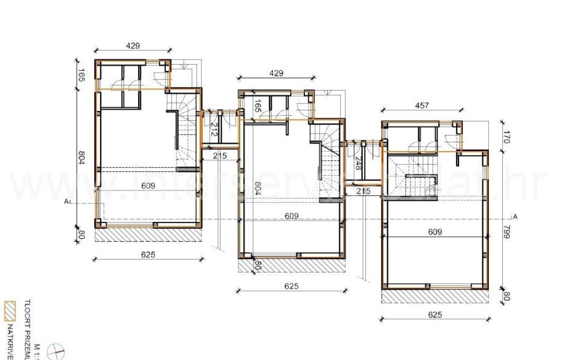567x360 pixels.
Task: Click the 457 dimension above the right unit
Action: coord(422,106)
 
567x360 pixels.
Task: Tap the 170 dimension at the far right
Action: coord(507,137)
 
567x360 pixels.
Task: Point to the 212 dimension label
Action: coord(214,129)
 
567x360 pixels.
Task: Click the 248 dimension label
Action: coord(357,163)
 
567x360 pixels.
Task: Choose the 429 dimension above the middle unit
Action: coord(276,73)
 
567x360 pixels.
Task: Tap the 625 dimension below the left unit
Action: coord(148,254)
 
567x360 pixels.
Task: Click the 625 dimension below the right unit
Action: coord(434,314)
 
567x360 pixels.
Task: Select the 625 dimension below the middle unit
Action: coord(292,286)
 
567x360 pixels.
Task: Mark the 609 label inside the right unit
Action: coord(435,232)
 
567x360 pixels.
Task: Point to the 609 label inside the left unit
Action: coord(148,185)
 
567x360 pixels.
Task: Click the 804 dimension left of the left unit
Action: coord(81,157)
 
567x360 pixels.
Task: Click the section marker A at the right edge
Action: coord(515,217)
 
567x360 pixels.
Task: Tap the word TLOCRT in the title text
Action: coord(26,311)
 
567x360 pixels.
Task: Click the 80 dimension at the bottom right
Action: coord(507,296)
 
